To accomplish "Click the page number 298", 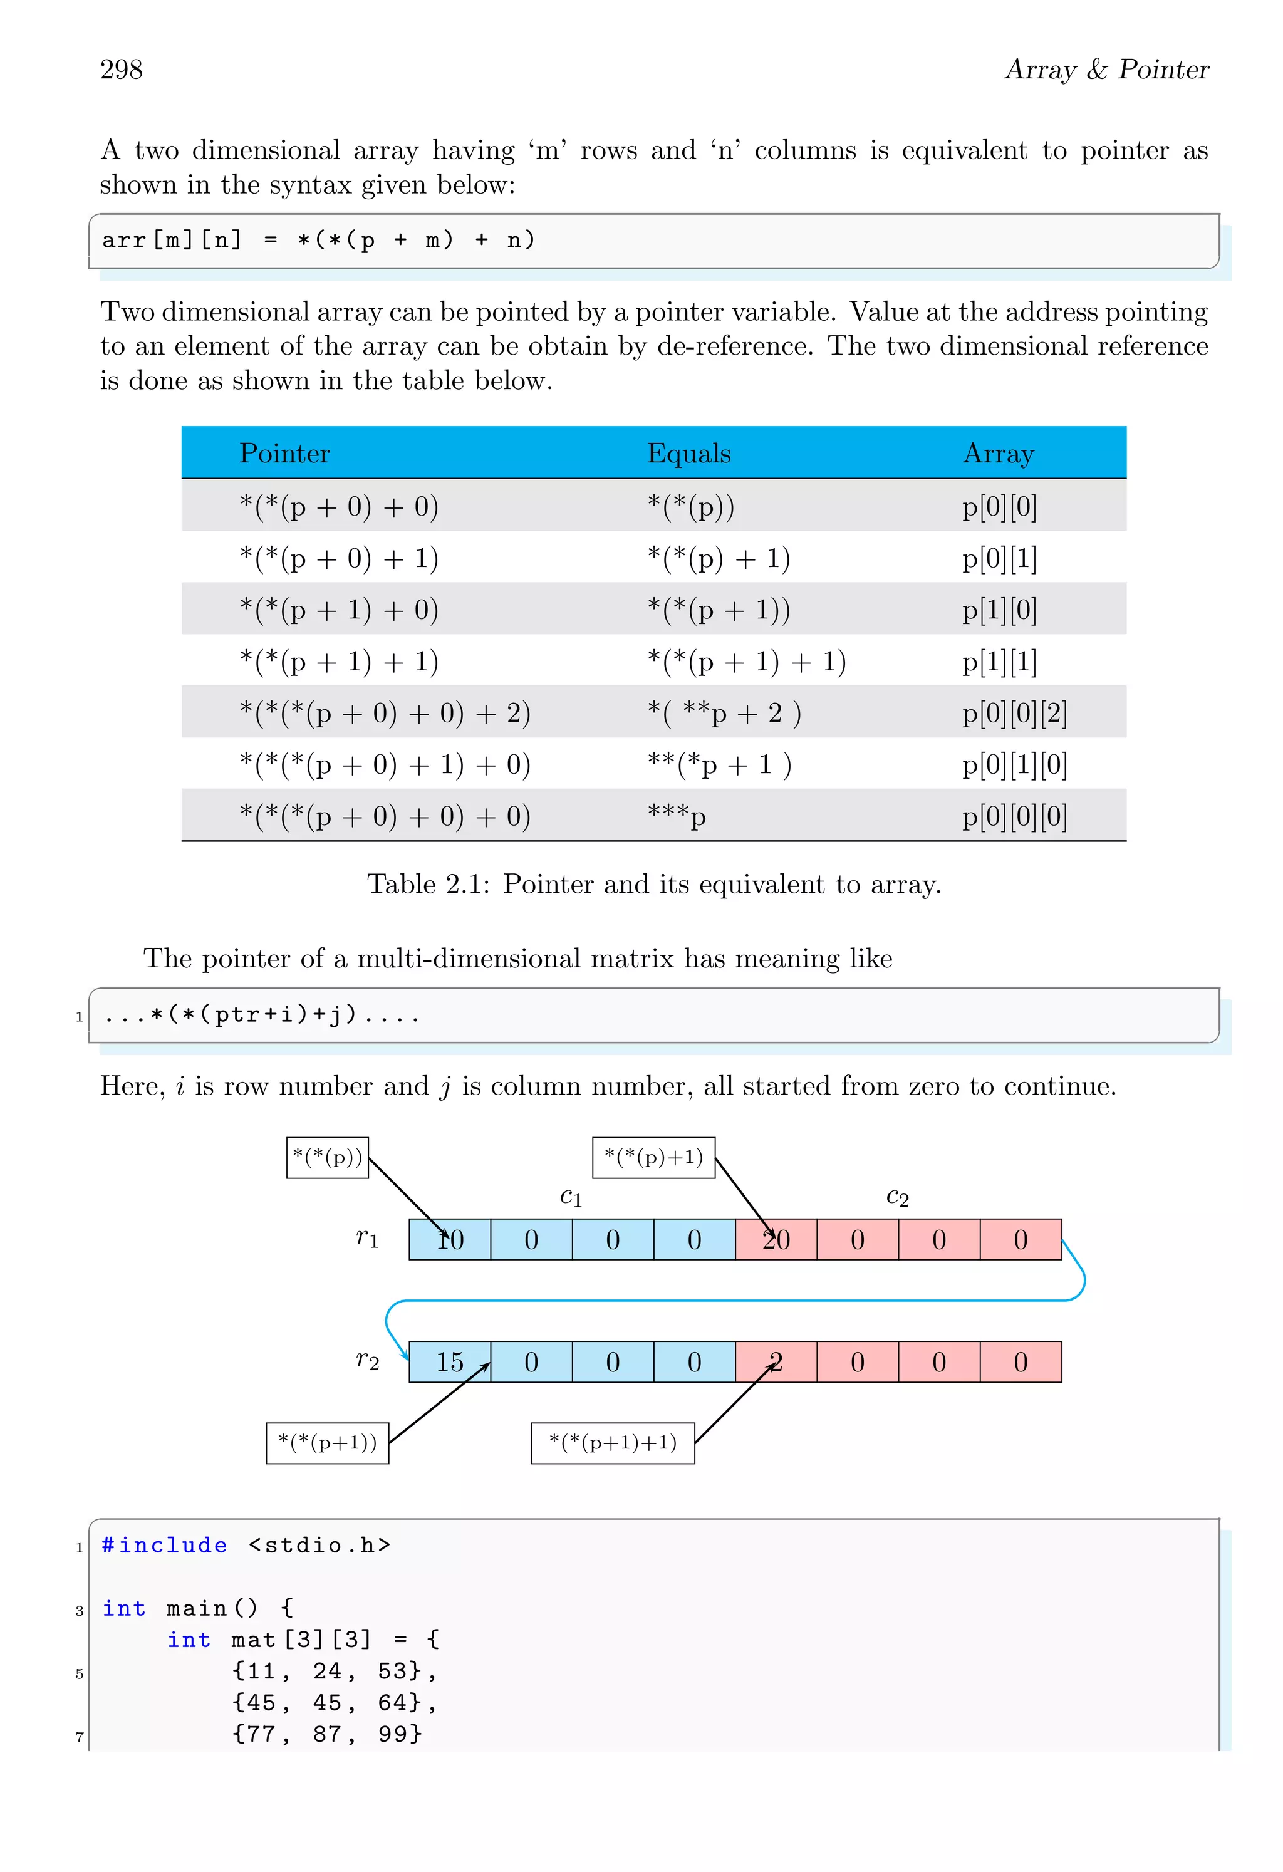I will (x=121, y=70).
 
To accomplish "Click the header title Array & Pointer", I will (x=1106, y=70).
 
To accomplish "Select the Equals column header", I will (x=688, y=454).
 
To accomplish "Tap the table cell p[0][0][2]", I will (x=1014, y=714).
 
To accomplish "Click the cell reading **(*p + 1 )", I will (x=719, y=764).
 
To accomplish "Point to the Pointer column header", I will (x=284, y=454).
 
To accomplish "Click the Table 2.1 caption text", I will (x=653, y=885).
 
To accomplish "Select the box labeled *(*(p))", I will (x=327, y=1158).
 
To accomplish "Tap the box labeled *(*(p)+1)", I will (x=653, y=1158).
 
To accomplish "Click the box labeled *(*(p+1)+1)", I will (x=612, y=1443).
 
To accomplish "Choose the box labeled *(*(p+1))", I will (x=327, y=1443).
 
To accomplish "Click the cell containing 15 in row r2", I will (x=449, y=1362).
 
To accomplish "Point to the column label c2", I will (x=897, y=1198).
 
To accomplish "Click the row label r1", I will (x=367, y=1238).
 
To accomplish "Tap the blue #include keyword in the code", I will (x=164, y=1545).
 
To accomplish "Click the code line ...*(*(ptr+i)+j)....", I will (x=262, y=1015).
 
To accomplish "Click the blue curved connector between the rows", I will (x=725, y=1300).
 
